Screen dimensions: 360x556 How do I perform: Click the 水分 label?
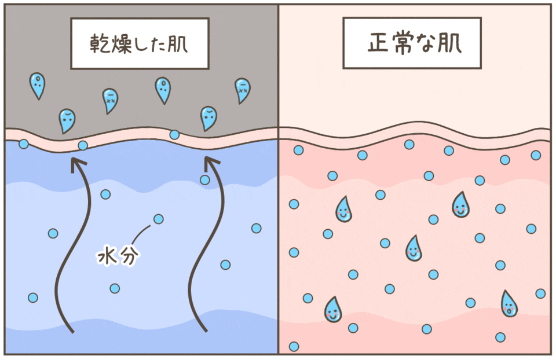(x=118, y=255)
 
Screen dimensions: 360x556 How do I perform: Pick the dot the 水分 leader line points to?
(x=158, y=219)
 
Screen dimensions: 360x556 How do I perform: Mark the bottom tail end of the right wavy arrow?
(x=205, y=332)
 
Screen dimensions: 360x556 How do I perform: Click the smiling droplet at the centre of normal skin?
(x=413, y=248)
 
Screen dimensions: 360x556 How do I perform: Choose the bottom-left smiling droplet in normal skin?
(x=333, y=310)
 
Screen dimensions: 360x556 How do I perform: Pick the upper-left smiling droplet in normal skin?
(x=343, y=210)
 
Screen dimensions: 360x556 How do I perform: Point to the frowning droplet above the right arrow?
(x=209, y=118)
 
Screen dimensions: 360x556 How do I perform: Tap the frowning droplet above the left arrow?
(x=67, y=120)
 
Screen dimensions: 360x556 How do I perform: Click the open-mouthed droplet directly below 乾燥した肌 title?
(x=163, y=90)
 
